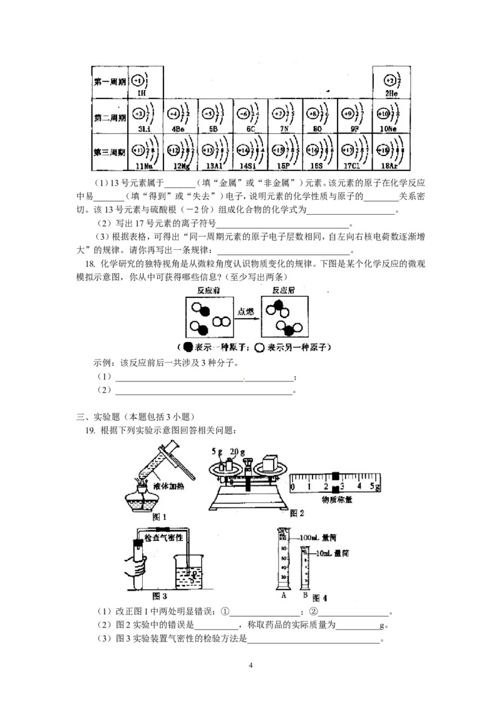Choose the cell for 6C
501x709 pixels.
pyautogui.click(x=250, y=117)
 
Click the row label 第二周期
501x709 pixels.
pyautogui.click(x=110, y=117)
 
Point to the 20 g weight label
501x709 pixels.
pyautogui.click(x=237, y=452)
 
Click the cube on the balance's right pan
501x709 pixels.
pyautogui.click(x=269, y=463)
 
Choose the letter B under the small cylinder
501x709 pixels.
pyautogui.click(x=304, y=595)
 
